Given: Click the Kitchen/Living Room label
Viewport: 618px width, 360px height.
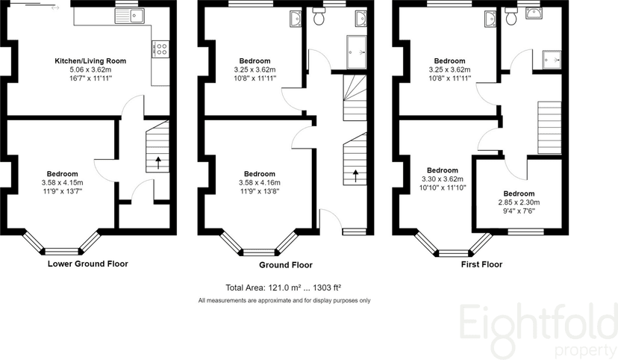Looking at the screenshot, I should pyautogui.click(x=90, y=60).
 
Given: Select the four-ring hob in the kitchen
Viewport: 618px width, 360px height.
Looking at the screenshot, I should pyautogui.click(x=159, y=49).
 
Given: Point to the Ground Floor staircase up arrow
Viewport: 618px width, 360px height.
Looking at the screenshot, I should pyautogui.click(x=355, y=176).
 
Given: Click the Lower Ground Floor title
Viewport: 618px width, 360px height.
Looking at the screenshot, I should pyautogui.click(x=87, y=264).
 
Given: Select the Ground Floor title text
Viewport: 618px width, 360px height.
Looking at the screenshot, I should pyautogui.click(x=285, y=265).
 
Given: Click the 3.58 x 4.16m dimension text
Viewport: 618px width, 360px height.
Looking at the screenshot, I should pyautogui.click(x=260, y=182).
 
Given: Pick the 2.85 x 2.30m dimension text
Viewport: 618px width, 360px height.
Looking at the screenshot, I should pyautogui.click(x=519, y=202).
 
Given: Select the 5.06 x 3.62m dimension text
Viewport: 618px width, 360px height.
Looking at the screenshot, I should pyautogui.click(x=90, y=69).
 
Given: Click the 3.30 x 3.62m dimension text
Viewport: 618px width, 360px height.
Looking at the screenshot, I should pyautogui.click(x=442, y=179).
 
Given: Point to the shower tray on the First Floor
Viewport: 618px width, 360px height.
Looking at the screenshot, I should pyautogui.click(x=552, y=57).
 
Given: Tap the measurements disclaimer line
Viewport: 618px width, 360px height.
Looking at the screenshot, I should pyautogui.click(x=284, y=300).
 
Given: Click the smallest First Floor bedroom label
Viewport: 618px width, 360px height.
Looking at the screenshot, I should pyautogui.click(x=519, y=193).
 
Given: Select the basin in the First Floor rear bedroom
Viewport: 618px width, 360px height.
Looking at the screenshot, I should pyautogui.click(x=489, y=18).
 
